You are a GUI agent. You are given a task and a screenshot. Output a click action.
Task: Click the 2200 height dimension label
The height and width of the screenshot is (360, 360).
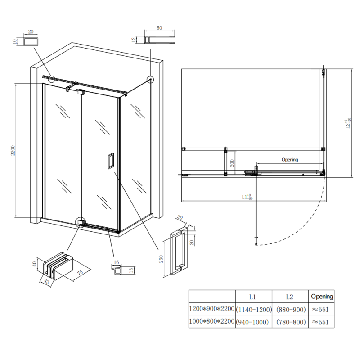pos(13,150)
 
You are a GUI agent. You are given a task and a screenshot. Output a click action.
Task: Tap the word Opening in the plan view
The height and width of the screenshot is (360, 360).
pos(290,159)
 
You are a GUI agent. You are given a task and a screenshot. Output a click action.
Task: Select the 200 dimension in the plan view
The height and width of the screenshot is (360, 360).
pos(232,163)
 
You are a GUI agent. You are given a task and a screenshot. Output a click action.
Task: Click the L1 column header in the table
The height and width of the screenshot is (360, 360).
pos(253,297)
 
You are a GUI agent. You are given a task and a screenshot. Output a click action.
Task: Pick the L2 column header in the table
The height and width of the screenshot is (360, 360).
pos(289,297)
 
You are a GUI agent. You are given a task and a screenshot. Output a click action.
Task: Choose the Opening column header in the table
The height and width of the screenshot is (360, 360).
pos(322,297)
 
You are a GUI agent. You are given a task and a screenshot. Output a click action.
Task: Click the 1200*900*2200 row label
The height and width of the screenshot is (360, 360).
pos(212,310)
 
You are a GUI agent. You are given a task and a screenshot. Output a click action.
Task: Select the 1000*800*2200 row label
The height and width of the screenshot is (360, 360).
pos(212,322)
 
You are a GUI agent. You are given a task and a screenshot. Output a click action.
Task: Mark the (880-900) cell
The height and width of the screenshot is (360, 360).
pos(290,310)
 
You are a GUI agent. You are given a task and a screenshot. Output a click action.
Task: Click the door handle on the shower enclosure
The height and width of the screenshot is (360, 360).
pos(110,161)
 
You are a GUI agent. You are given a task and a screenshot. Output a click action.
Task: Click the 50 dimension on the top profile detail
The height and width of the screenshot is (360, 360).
pos(159,28)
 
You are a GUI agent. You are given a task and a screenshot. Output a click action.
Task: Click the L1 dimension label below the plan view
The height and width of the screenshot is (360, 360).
pos(247,197)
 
